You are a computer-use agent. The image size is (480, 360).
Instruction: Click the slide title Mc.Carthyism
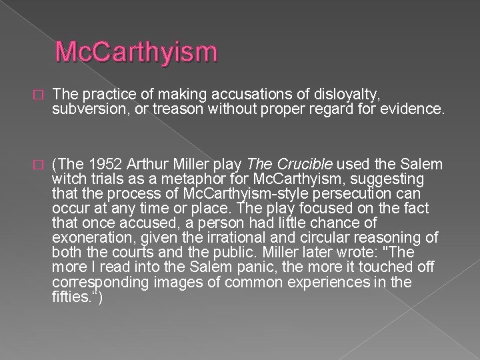(137, 52)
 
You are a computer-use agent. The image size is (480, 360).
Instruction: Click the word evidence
(411, 109)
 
